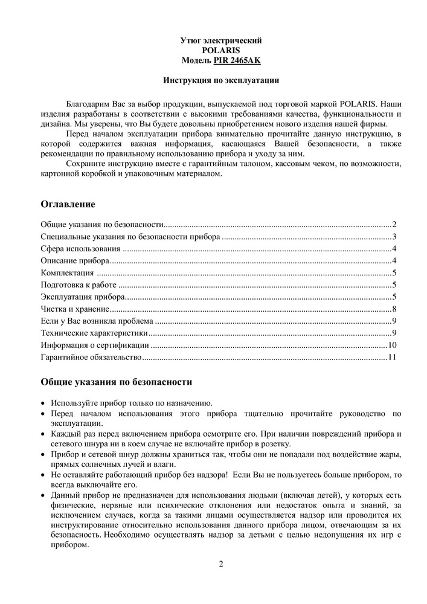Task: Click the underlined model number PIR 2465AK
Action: [237, 61]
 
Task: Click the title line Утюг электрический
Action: [221, 40]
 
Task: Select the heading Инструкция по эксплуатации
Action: [221, 80]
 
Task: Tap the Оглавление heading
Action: [68, 204]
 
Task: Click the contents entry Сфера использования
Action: [81, 249]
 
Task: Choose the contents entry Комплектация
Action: [68, 273]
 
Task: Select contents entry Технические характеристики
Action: [94, 333]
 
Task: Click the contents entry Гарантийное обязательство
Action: [91, 358]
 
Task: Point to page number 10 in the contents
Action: [391, 345]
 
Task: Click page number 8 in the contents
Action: [394, 309]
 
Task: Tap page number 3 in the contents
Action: [394, 237]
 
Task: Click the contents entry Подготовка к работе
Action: [79, 285]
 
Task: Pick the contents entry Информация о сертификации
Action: [95, 345]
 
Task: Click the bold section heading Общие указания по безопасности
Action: [117, 382]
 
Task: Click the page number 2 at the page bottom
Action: [221, 564]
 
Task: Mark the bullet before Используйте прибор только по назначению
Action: [42, 403]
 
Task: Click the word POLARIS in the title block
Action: [221, 51]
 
